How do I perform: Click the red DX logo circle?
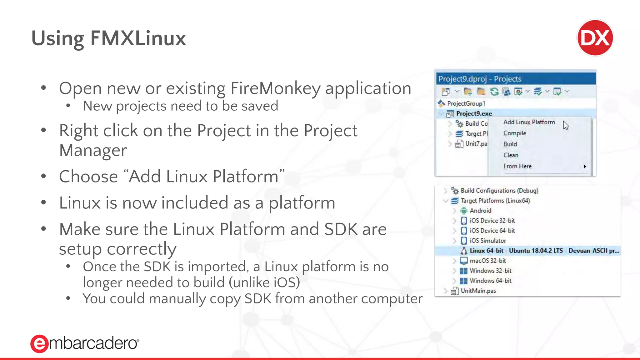(x=595, y=38)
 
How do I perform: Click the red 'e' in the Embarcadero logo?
(x=39, y=344)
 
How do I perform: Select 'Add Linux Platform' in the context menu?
(x=529, y=122)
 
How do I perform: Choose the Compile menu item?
(x=514, y=133)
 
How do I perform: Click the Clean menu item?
(x=511, y=155)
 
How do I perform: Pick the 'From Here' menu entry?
(x=517, y=166)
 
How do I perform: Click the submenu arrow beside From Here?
(x=585, y=167)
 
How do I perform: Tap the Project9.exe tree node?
(x=474, y=113)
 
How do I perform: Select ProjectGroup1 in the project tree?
(x=466, y=103)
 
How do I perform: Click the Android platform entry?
(x=480, y=211)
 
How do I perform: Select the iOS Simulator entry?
(x=487, y=241)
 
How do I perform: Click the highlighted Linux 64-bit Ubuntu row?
(x=544, y=251)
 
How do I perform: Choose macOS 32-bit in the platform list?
(x=487, y=261)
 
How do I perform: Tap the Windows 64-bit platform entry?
(x=490, y=281)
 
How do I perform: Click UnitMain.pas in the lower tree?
(x=478, y=291)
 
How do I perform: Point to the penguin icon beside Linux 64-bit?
(x=464, y=251)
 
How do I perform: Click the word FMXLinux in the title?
(x=138, y=38)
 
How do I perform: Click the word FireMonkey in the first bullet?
(x=275, y=88)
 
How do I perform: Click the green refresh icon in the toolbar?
(x=494, y=92)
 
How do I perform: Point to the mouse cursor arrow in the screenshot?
(x=566, y=125)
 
